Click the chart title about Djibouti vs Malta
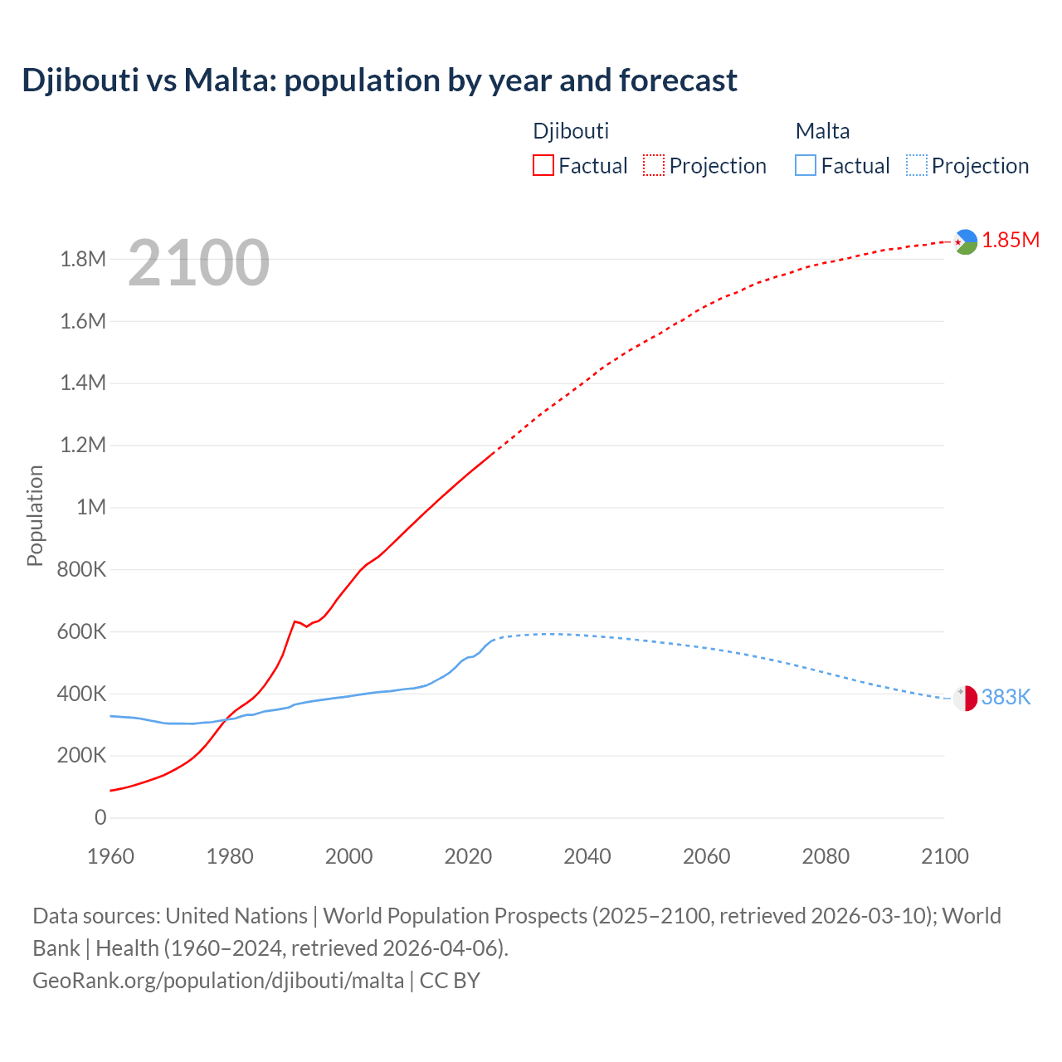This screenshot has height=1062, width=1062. (379, 80)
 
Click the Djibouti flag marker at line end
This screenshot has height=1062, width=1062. (965, 241)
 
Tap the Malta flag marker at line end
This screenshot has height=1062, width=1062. (965, 698)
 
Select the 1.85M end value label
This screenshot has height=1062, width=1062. (1011, 241)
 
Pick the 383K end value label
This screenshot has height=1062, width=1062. (1006, 697)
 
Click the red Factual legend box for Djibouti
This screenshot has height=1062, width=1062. (543, 165)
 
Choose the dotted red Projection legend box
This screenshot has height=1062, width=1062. (654, 165)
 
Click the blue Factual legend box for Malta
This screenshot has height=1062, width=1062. (806, 165)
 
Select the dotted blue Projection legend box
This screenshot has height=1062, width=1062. (917, 165)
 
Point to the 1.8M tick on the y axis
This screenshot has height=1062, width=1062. (83, 259)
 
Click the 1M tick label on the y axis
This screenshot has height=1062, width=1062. (91, 507)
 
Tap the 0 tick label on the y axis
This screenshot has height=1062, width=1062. (100, 817)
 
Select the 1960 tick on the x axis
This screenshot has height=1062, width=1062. (110, 856)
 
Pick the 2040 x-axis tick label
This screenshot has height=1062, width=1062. (587, 856)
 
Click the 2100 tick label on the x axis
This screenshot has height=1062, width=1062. (944, 856)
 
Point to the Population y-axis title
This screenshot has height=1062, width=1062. (35, 515)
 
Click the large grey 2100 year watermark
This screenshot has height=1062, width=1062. (198, 263)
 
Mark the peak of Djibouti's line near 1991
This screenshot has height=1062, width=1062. (295, 621)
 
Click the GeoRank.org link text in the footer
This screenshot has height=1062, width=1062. (218, 980)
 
